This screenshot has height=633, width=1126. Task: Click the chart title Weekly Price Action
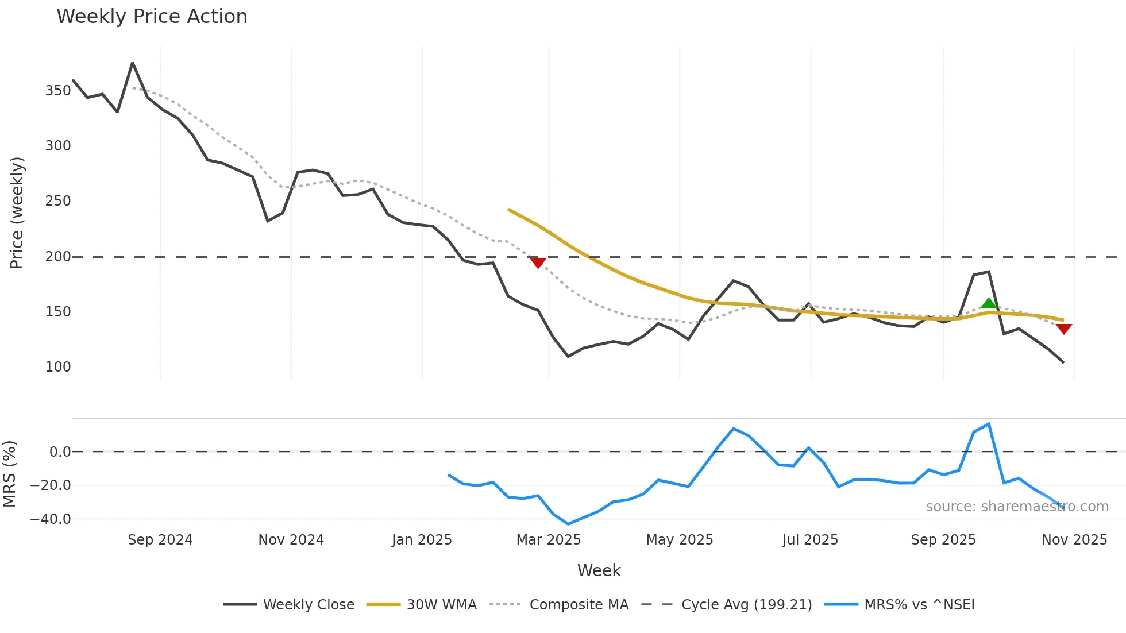tap(152, 17)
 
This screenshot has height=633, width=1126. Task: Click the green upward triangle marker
tap(988, 303)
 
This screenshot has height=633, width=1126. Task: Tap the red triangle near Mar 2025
tap(538, 263)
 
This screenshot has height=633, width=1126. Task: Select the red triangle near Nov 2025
tap(1063, 329)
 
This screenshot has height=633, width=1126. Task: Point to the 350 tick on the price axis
tap(58, 91)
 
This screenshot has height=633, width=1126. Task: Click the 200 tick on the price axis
tap(58, 257)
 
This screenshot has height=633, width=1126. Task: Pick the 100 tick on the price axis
tap(58, 367)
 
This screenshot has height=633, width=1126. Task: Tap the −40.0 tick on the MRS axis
tap(51, 519)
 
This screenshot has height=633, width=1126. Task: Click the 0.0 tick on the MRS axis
tap(60, 452)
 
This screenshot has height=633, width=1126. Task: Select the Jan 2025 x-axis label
tap(422, 540)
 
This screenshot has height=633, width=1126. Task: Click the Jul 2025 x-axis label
tap(810, 540)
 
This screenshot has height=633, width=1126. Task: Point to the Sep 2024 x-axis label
tap(160, 540)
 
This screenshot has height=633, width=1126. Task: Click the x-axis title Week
tap(599, 570)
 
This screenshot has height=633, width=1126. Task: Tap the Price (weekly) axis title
tap(17, 213)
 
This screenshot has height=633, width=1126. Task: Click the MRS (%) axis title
tap(10, 474)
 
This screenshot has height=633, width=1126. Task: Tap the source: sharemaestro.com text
tap(1017, 507)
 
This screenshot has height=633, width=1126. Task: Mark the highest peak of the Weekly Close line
tap(133, 63)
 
